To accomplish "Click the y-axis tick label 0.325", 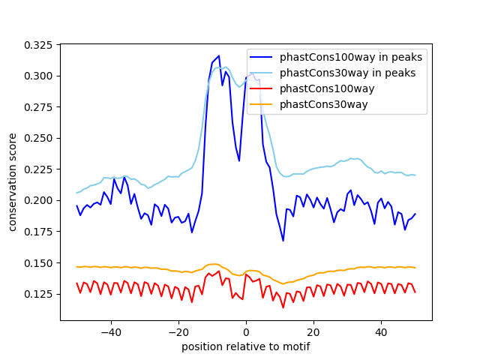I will click(x=39, y=45).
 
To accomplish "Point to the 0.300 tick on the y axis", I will click(x=39, y=76).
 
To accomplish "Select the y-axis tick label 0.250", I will click(x=39, y=138).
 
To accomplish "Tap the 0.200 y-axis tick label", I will click(x=39, y=200).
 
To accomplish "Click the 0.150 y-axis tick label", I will click(x=39, y=262).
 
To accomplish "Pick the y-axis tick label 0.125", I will click(x=39, y=294).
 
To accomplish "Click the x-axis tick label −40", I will click(x=110, y=331).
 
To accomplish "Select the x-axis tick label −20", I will click(x=178, y=331).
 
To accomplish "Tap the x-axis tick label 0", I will click(x=246, y=331).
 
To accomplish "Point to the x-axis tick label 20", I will click(x=313, y=331).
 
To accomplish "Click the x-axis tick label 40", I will click(x=381, y=331).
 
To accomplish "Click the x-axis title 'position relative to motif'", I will click(x=246, y=346).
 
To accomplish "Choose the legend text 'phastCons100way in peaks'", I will click(x=351, y=58).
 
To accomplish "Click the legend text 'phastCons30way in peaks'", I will click(x=348, y=73).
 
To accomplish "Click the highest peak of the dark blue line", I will click(x=218, y=56).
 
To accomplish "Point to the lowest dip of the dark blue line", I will click(x=283, y=241).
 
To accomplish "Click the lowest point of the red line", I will click(x=283, y=307).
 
